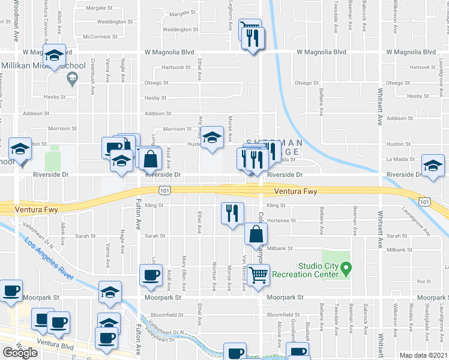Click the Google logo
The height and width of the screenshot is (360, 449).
click(x=20, y=353)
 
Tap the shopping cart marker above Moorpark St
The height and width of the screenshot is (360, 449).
click(x=258, y=276)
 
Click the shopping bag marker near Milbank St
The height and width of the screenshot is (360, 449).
click(x=256, y=234)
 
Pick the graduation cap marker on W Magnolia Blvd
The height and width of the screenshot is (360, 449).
click(x=54, y=58)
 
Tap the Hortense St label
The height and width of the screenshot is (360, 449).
click(x=281, y=221)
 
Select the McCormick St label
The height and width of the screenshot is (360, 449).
click(x=100, y=37)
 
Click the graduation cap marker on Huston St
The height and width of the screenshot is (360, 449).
click(x=211, y=138)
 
